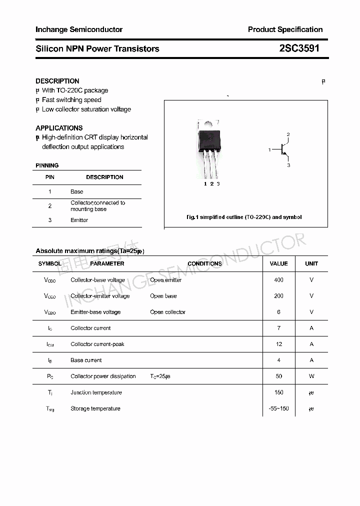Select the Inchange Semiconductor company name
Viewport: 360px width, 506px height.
point(79,29)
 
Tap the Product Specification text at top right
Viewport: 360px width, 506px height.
point(285,29)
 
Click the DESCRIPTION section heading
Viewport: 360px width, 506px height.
point(57,81)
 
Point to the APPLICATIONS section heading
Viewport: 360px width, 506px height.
point(59,128)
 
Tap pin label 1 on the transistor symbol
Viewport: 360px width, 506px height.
point(269,150)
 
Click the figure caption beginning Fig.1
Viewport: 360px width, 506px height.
point(244,217)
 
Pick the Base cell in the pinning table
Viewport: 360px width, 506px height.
point(77,191)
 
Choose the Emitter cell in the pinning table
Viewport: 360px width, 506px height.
point(79,220)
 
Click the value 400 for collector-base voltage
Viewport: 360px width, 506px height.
point(278,280)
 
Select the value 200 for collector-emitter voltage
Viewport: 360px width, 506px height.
point(278,296)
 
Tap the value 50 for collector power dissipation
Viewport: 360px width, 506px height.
point(278,376)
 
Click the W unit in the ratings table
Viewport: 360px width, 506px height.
point(311,376)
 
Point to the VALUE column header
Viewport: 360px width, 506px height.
point(278,263)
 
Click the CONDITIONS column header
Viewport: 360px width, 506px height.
point(204,263)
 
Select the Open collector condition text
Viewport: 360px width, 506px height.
point(167,312)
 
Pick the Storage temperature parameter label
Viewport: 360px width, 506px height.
point(95,408)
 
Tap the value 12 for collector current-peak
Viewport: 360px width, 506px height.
point(278,344)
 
